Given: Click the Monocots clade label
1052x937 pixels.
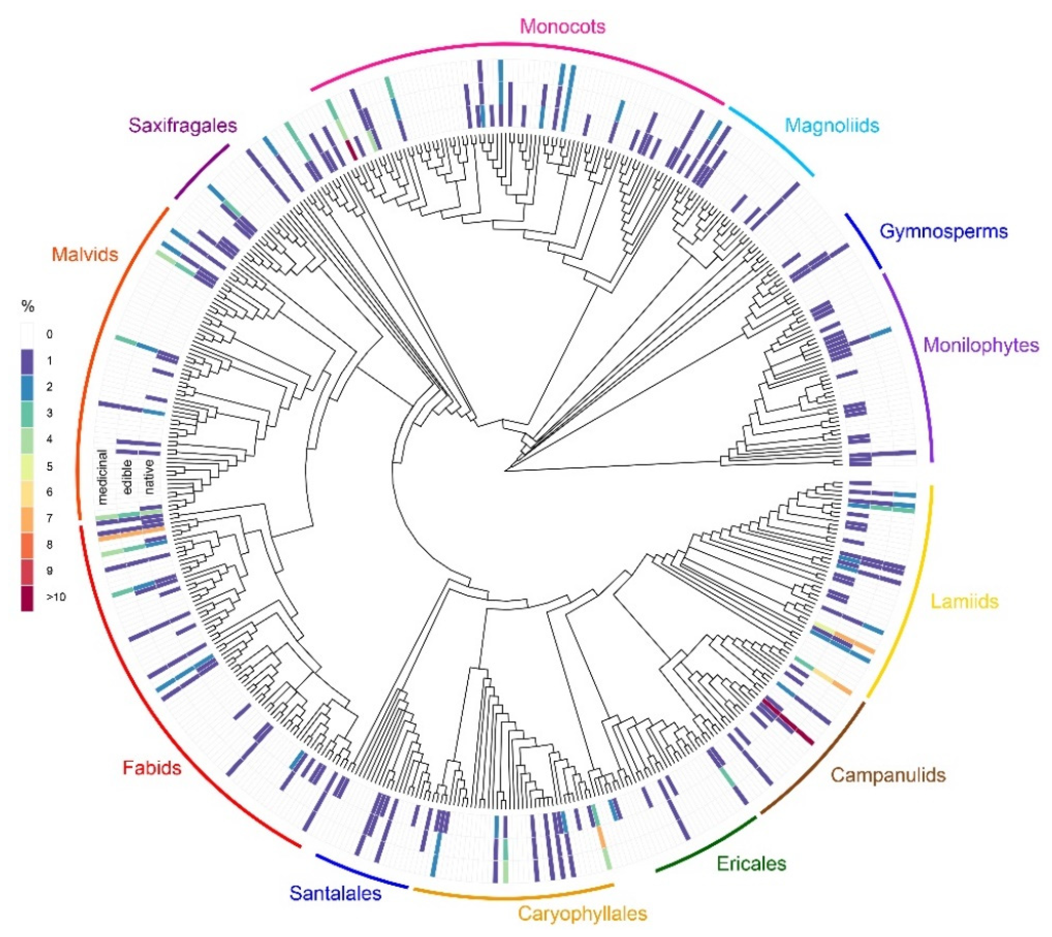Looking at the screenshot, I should pos(562,26).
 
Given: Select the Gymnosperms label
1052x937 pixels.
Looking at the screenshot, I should pos(943,231).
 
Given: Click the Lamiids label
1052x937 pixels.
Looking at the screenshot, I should pos(964,601).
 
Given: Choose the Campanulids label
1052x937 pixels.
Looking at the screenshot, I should pos(888,775).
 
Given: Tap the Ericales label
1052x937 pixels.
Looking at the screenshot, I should pos(751,863).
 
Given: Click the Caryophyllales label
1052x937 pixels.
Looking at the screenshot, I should pos(582,913).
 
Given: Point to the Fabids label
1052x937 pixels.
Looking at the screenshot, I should pos(152,768).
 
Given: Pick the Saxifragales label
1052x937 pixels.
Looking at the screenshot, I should pos(183,125).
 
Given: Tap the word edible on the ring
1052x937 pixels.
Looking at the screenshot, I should pos(127,477).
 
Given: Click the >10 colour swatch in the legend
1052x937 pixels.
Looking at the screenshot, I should pos(27,598).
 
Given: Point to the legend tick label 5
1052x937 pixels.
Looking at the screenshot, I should pos(49,466).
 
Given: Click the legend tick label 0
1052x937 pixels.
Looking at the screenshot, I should pos(49,334).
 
